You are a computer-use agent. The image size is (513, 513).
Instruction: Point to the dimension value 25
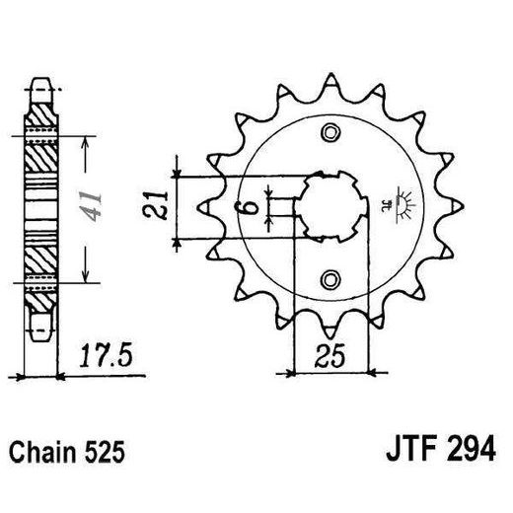click(x=331, y=354)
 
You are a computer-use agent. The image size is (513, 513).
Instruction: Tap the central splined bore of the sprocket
click(x=331, y=206)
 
